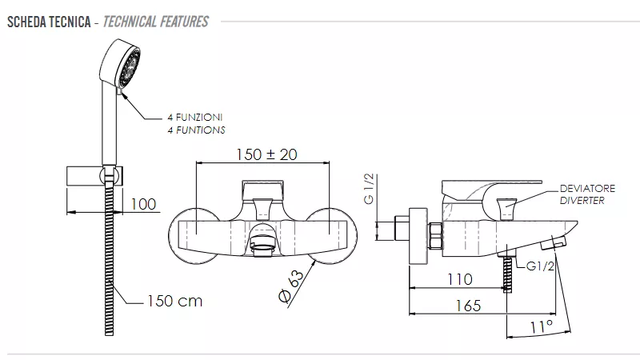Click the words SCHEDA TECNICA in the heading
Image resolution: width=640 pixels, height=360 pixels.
point(49,22)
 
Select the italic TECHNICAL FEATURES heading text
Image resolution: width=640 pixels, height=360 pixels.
point(155,22)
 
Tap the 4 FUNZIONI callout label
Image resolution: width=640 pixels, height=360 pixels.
point(194,117)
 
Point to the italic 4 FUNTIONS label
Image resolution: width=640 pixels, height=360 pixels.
point(196,130)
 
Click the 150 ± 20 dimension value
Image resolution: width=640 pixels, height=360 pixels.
point(266,154)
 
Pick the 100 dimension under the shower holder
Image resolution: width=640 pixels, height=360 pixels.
point(143,204)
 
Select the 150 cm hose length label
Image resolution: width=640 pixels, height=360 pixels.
point(174,302)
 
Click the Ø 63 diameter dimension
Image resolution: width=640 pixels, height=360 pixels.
point(291,286)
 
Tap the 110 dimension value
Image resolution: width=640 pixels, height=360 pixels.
point(460,279)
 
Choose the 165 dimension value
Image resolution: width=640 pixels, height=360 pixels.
point(468,306)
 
